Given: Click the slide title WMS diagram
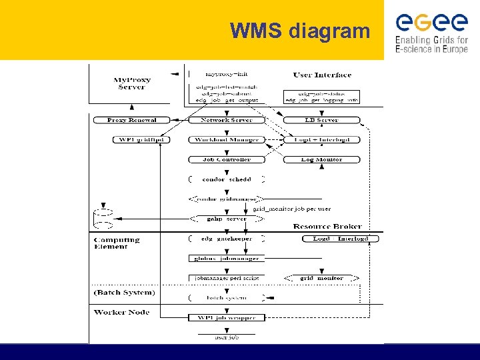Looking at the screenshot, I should click(299, 31).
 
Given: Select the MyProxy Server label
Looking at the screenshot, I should click(131, 83).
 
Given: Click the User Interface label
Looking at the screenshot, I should click(322, 75).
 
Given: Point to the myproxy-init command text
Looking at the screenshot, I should click(227, 74).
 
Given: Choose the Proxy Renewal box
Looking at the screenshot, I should click(132, 120).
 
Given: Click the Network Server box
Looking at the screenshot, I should click(227, 120).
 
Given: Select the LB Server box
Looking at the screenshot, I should click(321, 120).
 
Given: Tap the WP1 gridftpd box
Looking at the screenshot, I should click(141, 140).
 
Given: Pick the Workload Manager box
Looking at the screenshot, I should click(227, 140).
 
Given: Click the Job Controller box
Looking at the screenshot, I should click(227, 159).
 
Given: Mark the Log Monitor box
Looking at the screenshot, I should click(321, 159).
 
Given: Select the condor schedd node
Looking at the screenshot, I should click(227, 179).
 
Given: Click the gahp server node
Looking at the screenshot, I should click(227, 219).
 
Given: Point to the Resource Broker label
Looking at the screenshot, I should click(327, 227).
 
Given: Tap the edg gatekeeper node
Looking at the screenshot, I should click(227, 239).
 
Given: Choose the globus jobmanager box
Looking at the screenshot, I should click(227, 258).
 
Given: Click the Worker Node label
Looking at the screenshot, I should click(121, 312).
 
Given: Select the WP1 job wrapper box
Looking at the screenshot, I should click(227, 317).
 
